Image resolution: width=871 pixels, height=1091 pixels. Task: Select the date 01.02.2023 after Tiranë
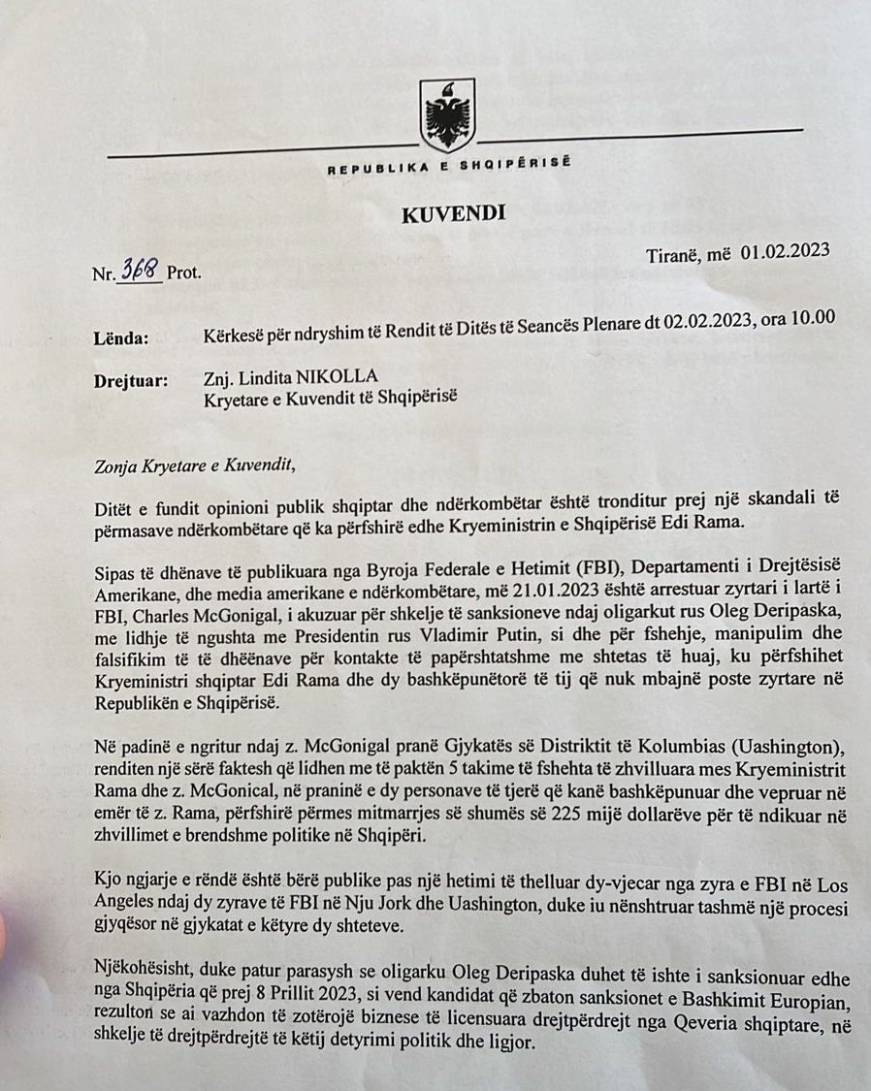[786, 251]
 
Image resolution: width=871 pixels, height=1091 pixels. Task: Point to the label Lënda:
[122, 338]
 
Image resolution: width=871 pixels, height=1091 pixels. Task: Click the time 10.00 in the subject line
[812, 321]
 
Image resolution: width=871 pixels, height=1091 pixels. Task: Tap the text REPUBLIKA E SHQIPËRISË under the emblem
[449, 167]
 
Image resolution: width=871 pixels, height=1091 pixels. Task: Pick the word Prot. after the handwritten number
[184, 273]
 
